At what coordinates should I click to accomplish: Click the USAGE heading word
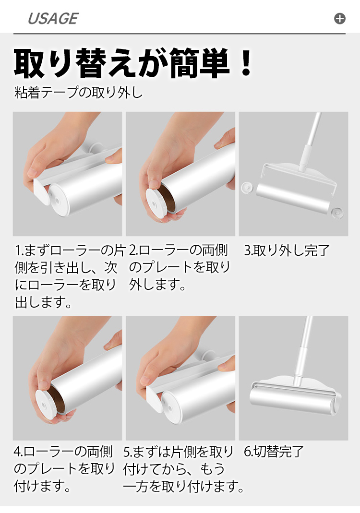coord(53,19)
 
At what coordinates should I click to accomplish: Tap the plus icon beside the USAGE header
coord(340,19)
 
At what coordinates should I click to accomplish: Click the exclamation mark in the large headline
coord(245,63)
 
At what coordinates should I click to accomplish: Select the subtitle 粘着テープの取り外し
coord(79,93)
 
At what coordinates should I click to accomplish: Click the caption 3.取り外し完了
coord(287,251)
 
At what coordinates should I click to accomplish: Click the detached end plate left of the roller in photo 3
coord(247,188)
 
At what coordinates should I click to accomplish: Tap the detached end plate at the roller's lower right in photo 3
coord(337,213)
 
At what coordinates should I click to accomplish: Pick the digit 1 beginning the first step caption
coord(17,251)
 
